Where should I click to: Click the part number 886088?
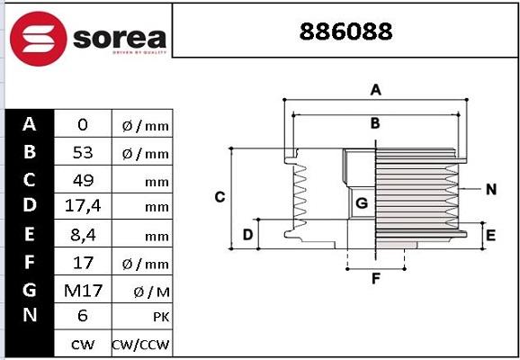[345, 31]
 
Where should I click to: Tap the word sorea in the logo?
[119, 38]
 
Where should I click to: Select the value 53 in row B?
[83, 153]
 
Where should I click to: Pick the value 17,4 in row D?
[83, 207]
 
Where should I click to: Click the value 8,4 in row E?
[83, 236]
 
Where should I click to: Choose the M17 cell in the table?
[83, 290]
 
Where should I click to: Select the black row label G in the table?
[29, 290]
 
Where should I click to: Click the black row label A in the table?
[29, 125]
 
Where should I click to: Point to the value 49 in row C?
[83, 180]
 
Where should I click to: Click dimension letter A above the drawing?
[376, 89]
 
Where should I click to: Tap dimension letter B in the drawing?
[375, 123]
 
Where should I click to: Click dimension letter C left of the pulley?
[219, 197]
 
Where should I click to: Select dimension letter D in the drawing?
[247, 235]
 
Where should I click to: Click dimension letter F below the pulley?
[376, 278]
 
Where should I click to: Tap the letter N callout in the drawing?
[490, 189]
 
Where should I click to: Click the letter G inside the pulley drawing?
[361, 204]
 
